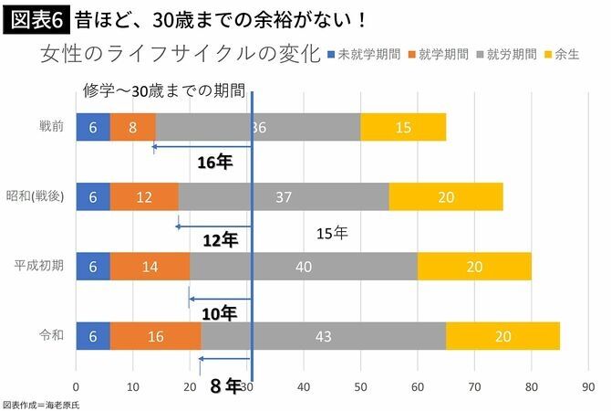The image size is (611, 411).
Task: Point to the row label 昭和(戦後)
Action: pos(36,196)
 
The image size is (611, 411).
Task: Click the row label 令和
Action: pos(51,336)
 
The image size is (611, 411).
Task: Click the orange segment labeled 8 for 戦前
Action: pos(132,127)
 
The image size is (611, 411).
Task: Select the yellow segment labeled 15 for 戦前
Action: pos(403,127)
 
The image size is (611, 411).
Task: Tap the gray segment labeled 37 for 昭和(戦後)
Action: pos(283,196)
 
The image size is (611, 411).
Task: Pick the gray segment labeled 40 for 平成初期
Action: pos(304,267)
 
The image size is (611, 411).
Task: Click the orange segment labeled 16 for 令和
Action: pos(155,336)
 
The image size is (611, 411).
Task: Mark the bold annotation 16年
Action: pos(217,163)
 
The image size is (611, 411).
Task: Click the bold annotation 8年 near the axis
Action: pos(224,386)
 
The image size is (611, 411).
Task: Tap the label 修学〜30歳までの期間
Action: pos(164,91)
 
